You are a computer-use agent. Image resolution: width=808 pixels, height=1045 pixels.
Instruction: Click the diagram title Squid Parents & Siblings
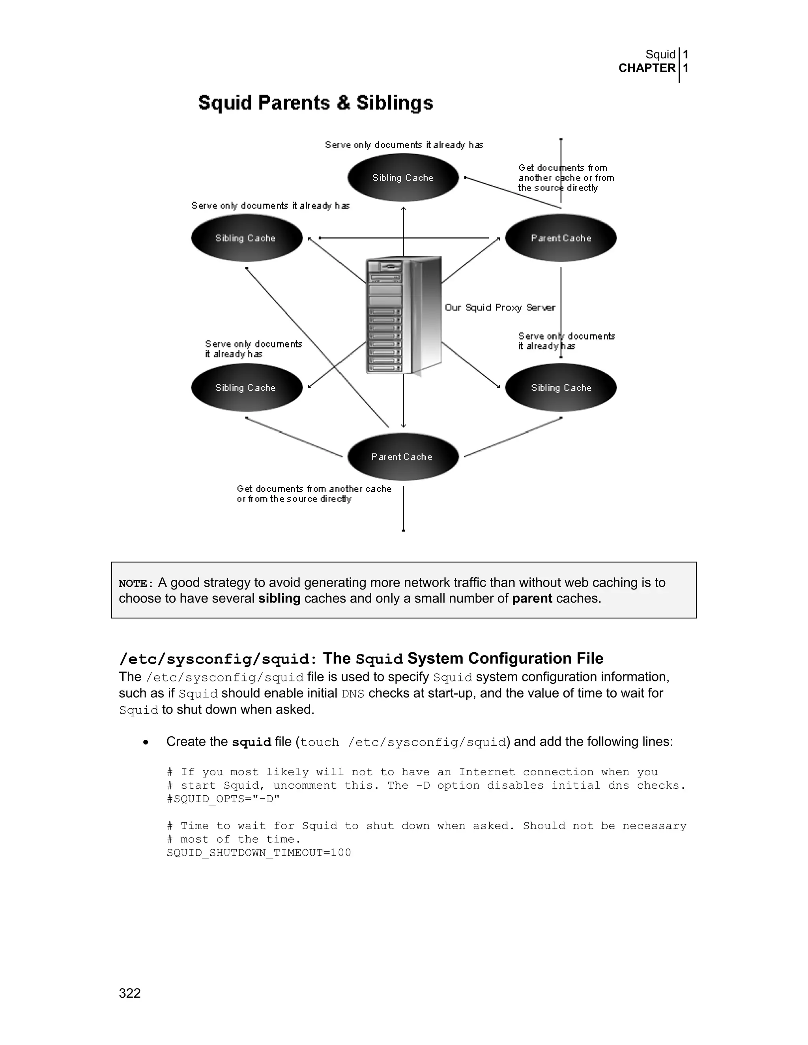click(316, 103)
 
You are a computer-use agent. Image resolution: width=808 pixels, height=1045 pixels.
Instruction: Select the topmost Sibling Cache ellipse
click(403, 177)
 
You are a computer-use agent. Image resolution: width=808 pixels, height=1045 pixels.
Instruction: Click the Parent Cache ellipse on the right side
click(561, 238)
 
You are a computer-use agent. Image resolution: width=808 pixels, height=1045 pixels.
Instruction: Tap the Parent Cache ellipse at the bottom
click(403, 457)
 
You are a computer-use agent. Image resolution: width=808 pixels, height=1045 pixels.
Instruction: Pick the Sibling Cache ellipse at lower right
click(561, 388)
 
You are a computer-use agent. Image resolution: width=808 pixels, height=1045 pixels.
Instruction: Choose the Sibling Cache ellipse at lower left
click(247, 388)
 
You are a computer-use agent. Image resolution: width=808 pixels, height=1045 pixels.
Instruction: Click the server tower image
click(403, 316)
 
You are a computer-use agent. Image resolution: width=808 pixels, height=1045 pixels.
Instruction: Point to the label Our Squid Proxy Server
click(500, 307)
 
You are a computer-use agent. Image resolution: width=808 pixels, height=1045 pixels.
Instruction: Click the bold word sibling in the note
click(279, 599)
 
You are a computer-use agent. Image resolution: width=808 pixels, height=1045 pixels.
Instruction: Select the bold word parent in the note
click(532, 599)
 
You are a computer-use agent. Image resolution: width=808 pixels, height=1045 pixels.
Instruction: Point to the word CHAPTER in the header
click(647, 69)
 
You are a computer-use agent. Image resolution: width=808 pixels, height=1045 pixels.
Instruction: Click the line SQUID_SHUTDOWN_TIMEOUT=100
click(258, 853)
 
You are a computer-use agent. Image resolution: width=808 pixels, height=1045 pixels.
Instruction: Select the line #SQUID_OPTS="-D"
click(223, 799)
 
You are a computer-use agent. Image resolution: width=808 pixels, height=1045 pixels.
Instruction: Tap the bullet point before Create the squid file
click(146, 743)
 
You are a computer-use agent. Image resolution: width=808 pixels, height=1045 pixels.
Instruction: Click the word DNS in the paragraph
click(353, 694)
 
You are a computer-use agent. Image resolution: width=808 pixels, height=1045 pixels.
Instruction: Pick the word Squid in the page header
click(660, 54)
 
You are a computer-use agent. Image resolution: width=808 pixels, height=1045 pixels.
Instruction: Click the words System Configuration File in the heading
click(505, 659)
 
